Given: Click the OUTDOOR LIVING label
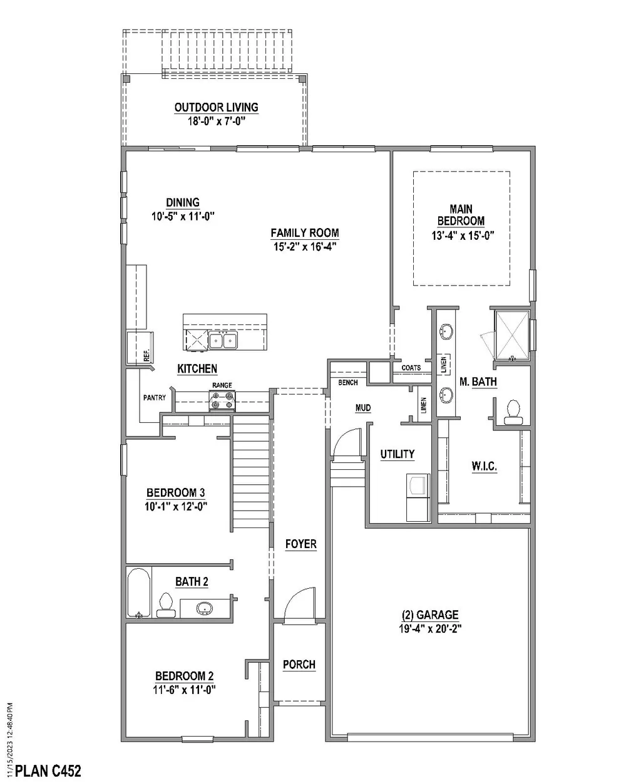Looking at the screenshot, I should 216,108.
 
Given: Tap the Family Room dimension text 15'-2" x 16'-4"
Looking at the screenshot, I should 304,246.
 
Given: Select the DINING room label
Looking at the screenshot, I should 183,202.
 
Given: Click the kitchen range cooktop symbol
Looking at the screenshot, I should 222,400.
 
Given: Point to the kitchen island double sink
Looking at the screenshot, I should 223,340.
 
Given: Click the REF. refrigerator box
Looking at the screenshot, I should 139,348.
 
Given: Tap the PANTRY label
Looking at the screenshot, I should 154,397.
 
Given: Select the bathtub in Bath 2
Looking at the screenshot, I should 138,593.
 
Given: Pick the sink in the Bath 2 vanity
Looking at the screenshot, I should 204,608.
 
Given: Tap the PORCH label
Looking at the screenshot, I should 299,665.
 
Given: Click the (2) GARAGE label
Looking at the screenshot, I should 430,614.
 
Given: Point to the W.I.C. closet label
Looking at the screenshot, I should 483,466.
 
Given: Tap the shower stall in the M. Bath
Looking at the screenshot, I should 512,333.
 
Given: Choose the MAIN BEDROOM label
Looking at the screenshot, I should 461,214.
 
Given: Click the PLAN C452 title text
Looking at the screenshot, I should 48,770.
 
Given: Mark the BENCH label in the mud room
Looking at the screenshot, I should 347,382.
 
